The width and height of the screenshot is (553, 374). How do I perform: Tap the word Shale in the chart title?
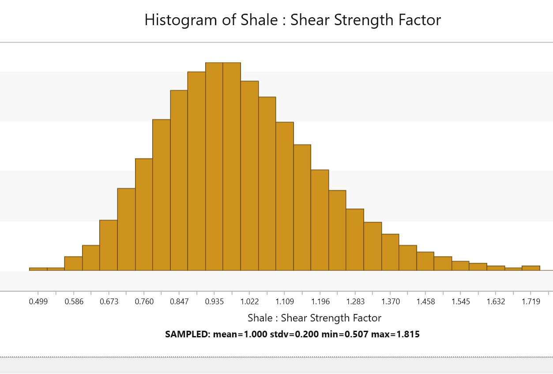click(x=259, y=19)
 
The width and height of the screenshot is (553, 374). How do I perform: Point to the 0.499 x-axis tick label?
click(x=38, y=302)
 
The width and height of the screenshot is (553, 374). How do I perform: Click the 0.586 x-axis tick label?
click(x=74, y=302)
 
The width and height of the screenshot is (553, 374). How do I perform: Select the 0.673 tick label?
click(x=109, y=302)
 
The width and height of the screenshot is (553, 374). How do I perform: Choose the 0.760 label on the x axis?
click(x=144, y=302)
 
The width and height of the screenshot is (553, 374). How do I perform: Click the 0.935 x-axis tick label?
click(x=214, y=302)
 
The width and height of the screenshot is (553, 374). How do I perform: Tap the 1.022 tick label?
click(x=249, y=302)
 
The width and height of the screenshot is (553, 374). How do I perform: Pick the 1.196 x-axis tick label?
click(x=320, y=302)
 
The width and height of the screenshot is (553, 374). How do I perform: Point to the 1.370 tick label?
click(x=391, y=302)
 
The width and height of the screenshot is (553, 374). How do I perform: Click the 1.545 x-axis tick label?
click(x=461, y=302)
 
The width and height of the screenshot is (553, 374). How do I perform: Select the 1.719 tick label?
click(x=531, y=302)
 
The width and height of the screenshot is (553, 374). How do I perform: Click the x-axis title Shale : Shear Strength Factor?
click(x=315, y=318)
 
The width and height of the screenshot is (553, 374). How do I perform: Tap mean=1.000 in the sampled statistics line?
click(x=240, y=334)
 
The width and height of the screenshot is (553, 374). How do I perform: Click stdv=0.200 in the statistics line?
click(x=294, y=334)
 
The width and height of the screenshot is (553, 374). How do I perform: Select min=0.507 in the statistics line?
click(x=345, y=334)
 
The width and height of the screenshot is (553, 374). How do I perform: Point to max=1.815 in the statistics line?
click(x=395, y=334)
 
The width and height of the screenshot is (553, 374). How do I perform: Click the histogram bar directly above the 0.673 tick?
click(x=109, y=246)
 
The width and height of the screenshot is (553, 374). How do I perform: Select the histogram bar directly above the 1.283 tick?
click(x=355, y=240)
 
